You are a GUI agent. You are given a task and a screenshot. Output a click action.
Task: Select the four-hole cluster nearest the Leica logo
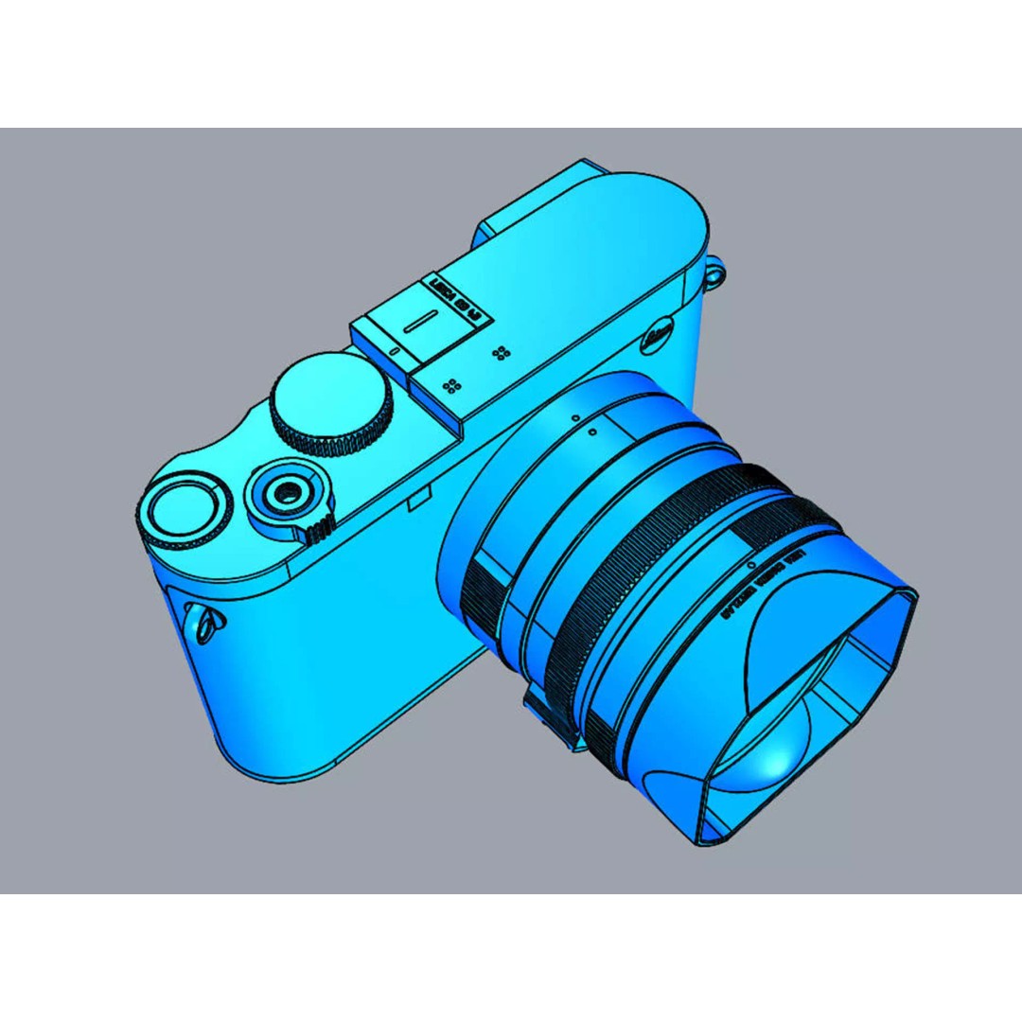pyautogui.click(x=502, y=353)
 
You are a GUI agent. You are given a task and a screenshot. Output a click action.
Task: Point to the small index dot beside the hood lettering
pyautogui.click(x=750, y=565)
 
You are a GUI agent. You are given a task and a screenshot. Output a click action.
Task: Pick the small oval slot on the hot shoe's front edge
pyautogui.click(x=392, y=352)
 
